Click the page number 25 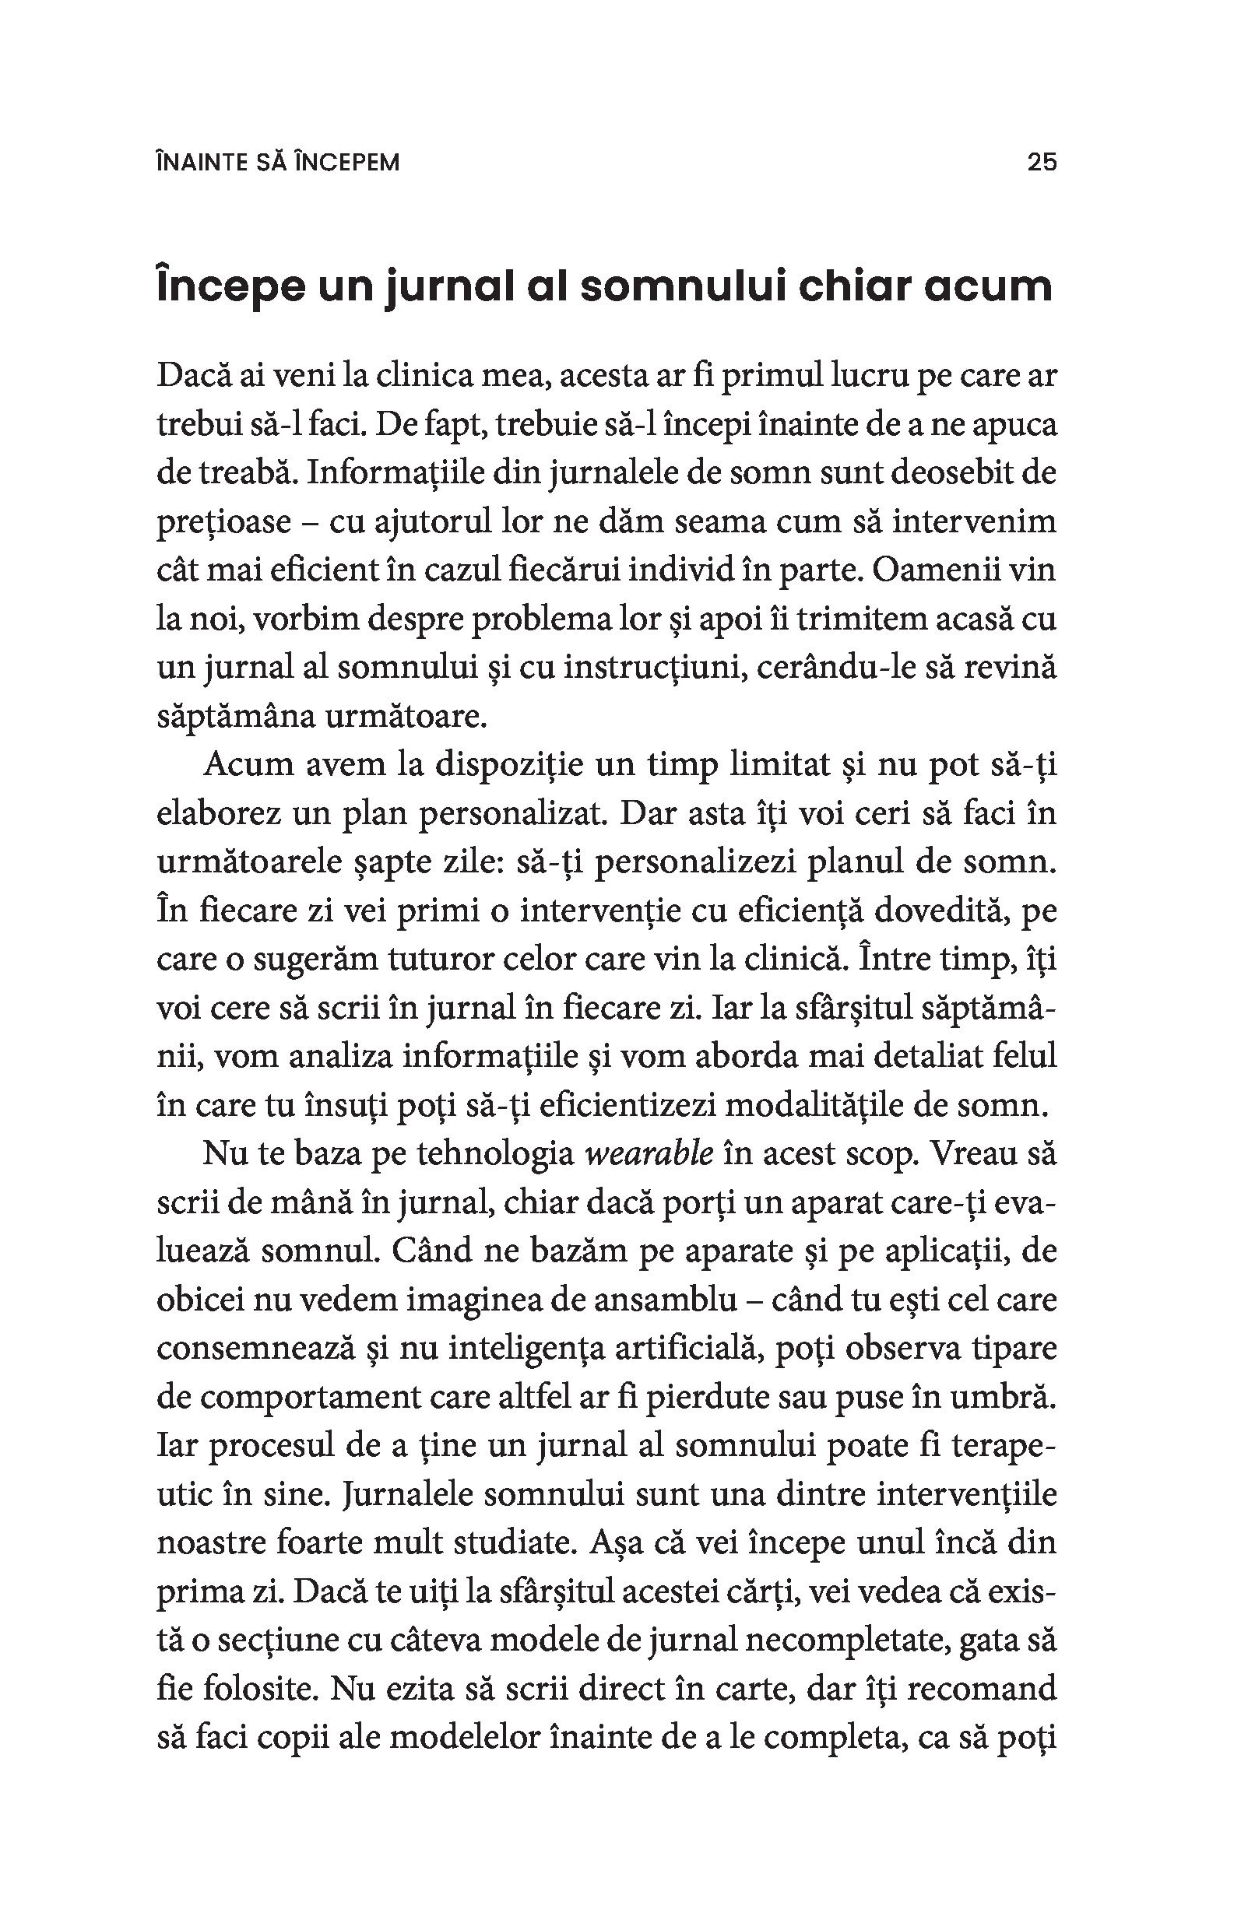[x=1041, y=162]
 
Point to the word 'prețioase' [x=223, y=522]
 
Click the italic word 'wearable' [x=649, y=1154]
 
